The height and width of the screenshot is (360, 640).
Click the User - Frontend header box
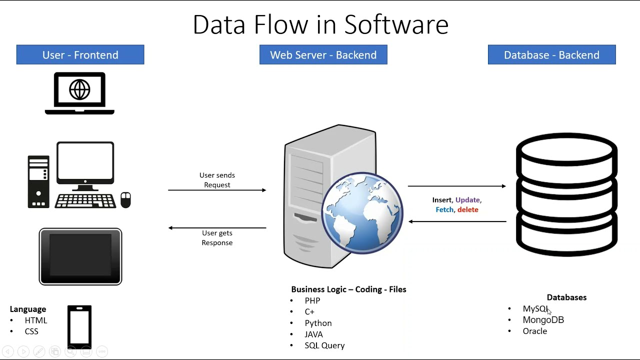coord(80,55)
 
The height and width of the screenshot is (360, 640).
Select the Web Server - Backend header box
coord(323,55)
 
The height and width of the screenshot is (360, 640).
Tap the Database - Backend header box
coord(551,55)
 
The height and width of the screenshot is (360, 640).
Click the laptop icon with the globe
coord(79,93)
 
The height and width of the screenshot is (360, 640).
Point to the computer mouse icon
coord(125,199)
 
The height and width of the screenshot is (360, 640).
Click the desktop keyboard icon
coord(85,201)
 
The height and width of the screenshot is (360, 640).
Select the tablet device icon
coord(80,256)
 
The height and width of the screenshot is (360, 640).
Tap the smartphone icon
coord(79,326)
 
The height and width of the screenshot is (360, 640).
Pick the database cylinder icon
coord(566,195)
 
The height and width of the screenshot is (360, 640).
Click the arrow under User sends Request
coord(217,190)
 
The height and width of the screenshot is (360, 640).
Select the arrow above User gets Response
coord(217,228)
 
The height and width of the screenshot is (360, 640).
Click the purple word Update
coord(467,200)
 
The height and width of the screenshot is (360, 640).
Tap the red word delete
coord(467,210)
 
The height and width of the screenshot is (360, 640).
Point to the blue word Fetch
coord(444,210)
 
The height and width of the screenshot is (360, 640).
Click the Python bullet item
coord(318,323)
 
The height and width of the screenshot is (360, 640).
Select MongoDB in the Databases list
coord(543,320)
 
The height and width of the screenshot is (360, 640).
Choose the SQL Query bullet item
coord(324,345)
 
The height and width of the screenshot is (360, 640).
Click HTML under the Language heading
coord(36,320)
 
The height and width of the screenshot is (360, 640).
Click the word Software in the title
coord(396,25)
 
